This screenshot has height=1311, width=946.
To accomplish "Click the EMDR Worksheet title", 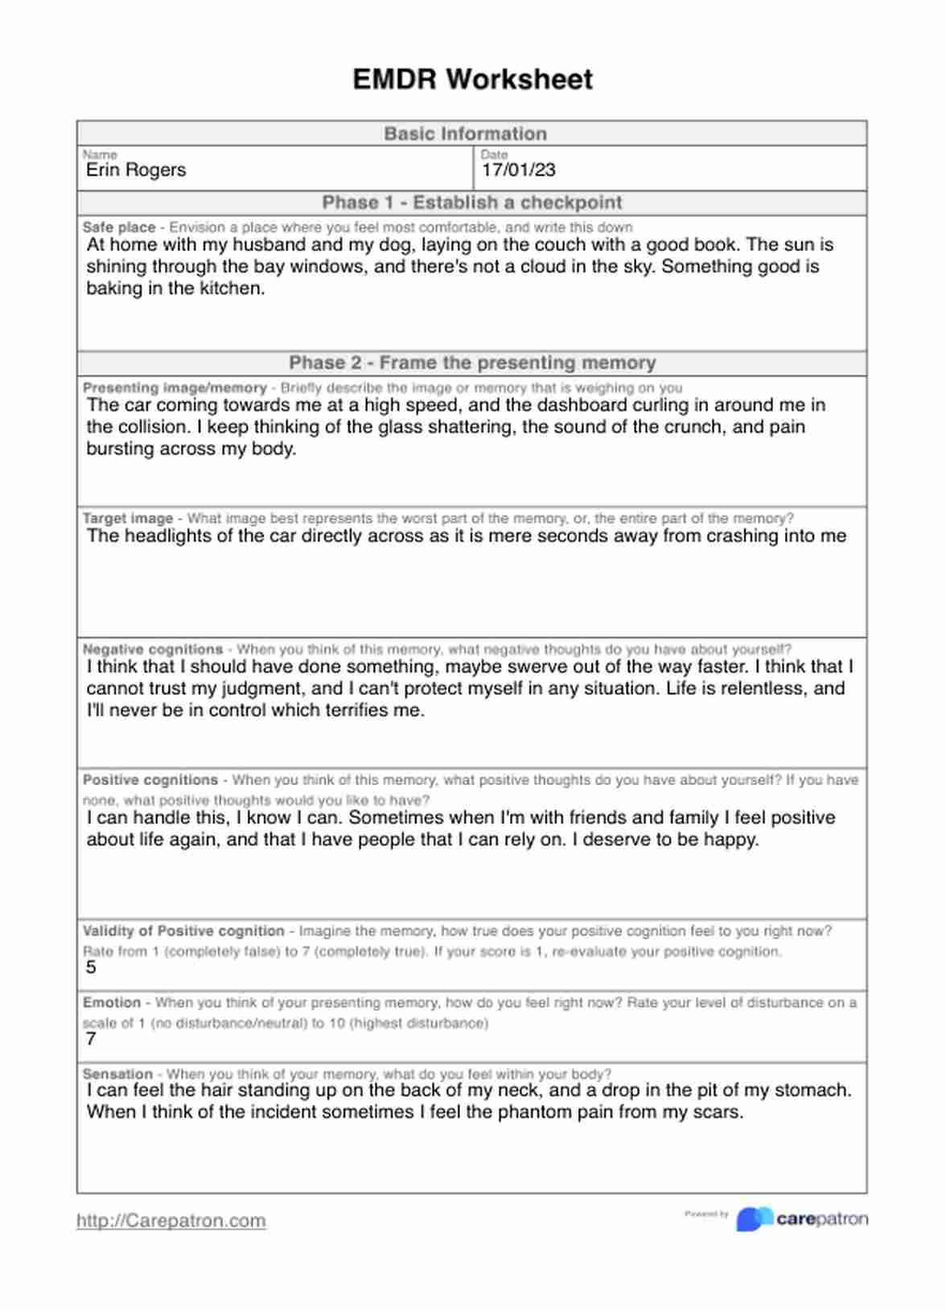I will click(x=472, y=80).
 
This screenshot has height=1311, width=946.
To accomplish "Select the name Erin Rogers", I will click(x=136, y=170).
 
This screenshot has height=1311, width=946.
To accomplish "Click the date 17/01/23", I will click(x=518, y=170).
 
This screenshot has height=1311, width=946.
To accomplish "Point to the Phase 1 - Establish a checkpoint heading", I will click(x=472, y=203).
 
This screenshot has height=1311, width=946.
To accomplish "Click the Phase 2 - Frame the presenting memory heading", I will click(x=472, y=363).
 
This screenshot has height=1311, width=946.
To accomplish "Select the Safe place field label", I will click(x=119, y=228).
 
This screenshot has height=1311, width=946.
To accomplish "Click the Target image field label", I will click(x=128, y=519).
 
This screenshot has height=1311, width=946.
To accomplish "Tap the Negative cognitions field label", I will click(x=153, y=649).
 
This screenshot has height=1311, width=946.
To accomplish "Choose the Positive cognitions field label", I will click(x=150, y=780).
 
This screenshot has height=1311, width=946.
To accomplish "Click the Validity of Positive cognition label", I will click(x=183, y=931).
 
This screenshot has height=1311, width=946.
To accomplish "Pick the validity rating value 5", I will click(x=91, y=968).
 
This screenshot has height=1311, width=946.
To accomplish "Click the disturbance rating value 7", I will click(x=91, y=1039).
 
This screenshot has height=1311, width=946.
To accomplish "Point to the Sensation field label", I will click(x=117, y=1074).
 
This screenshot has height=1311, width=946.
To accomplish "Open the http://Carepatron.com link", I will click(x=171, y=1221).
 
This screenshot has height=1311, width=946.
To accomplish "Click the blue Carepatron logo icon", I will click(x=754, y=1219).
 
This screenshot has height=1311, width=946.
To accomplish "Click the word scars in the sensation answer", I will click(x=718, y=1112).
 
